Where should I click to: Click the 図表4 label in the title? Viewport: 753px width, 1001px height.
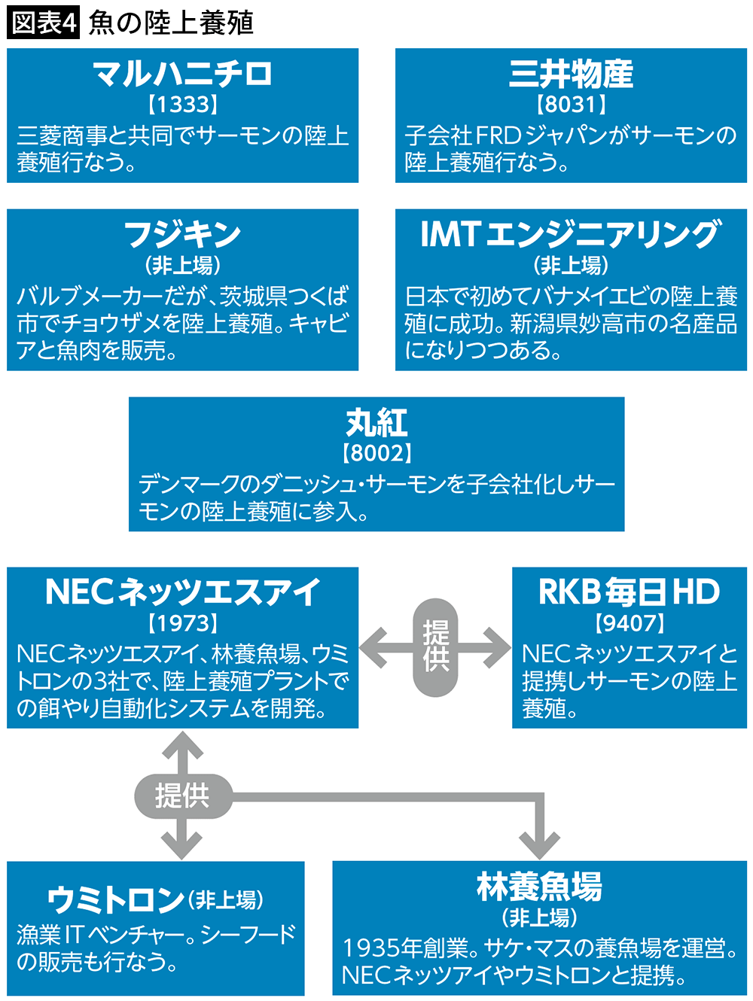(x=43, y=23)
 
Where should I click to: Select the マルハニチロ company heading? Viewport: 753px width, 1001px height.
(x=182, y=74)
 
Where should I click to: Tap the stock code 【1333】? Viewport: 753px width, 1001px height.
(x=182, y=104)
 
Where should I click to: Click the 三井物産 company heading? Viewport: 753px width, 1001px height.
(x=571, y=74)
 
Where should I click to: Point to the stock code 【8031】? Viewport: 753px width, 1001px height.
(x=571, y=104)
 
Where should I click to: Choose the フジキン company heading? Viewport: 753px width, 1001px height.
(x=182, y=234)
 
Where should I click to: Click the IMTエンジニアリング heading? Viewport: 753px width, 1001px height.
(x=571, y=234)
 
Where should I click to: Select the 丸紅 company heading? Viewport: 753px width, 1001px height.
(x=376, y=422)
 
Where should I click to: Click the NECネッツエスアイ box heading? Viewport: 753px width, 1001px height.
(x=182, y=592)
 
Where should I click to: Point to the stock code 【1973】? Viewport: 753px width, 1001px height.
(x=182, y=623)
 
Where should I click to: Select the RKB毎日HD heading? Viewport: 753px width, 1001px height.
(x=630, y=592)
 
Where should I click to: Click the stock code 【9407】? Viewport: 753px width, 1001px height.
(x=630, y=623)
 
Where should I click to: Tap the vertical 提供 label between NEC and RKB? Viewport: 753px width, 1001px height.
(x=435, y=647)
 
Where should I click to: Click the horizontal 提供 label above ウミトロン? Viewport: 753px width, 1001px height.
(x=182, y=796)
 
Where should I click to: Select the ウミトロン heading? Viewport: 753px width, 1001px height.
(x=117, y=899)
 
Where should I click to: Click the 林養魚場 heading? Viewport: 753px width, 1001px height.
(x=539, y=887)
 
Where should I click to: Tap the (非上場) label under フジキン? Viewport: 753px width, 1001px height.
(x=182, y=265)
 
